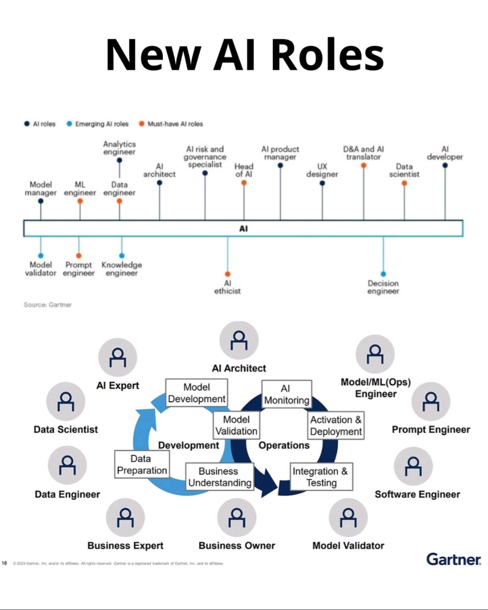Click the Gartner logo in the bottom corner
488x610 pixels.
tap(453, 559)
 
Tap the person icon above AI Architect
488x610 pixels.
tap(239, 340)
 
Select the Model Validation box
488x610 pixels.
tap(236, 426)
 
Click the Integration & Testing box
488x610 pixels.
tap(321, 477)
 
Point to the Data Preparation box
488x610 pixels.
tap(142, 465)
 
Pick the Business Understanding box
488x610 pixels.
tap(220, 477)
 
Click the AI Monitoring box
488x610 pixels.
tap(287, 394)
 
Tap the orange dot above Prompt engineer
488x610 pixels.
tap(79, 256)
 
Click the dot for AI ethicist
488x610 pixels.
tap(228, 274)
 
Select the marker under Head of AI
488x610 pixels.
tap(244, 183)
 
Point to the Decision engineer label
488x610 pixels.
tap(383, 287)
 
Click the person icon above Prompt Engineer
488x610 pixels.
tap(431, 402)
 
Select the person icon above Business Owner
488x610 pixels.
tap(237, 518)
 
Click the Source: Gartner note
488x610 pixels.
tap(48, 305)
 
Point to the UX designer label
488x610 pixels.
tap(322, 170)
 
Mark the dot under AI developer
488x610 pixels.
tap(445, 165)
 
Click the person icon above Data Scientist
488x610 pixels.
tap(66, 402)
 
